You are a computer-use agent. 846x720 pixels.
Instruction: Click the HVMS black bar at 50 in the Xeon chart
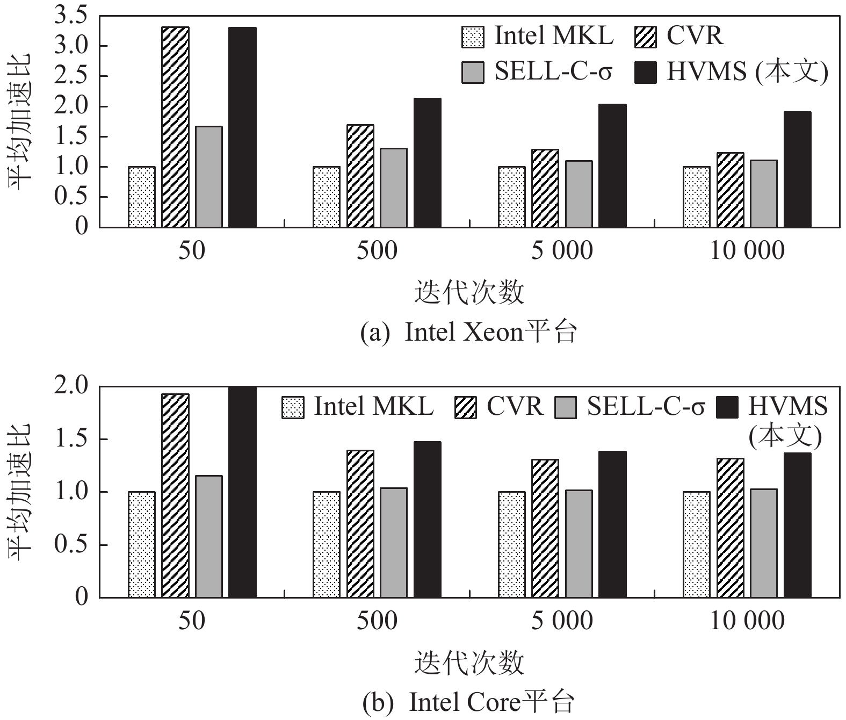point(242,127)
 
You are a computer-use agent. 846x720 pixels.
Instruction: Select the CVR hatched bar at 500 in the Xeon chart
point(360,176)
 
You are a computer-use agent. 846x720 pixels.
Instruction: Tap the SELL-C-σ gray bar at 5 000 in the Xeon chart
point(579,194)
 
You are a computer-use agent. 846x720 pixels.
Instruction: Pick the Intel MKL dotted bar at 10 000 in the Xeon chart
point(697,197)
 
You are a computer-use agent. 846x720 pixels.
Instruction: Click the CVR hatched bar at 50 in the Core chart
point(175,496)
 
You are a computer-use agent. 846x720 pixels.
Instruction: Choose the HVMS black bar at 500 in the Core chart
point(428,520)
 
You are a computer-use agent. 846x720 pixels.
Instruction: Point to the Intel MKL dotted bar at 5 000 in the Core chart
point(512,545)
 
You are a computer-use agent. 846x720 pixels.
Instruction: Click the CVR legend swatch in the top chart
point(645,37)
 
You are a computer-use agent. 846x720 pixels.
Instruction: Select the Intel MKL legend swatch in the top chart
point(472,37)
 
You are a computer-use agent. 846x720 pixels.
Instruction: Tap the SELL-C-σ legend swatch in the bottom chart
point(565,407)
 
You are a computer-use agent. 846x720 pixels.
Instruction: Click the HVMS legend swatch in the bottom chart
point(728,407)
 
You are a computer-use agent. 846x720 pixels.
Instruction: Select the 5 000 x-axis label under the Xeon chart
point(562,250)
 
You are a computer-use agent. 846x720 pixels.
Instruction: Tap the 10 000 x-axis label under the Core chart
point(747,621)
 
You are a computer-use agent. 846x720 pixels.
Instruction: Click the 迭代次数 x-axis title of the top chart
point(469,293)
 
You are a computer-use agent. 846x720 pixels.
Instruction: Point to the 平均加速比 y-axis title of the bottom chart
point(20,492)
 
